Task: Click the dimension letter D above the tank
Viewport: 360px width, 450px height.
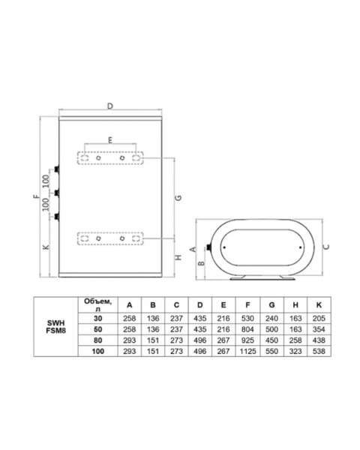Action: [110, 106]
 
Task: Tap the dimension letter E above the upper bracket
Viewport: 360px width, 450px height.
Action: [110, 140]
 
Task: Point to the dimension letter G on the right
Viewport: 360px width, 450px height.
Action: [178, 198]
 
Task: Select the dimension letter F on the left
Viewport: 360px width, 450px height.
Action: [36, 196]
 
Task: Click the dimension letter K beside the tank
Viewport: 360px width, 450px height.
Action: [46, 247]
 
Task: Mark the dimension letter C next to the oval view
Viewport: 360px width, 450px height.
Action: [326, 247]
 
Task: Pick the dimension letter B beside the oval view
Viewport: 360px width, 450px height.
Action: [202, 262]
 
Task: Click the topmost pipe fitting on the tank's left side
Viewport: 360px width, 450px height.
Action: [58, 169]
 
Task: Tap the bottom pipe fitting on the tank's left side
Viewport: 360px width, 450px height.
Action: [58, 217]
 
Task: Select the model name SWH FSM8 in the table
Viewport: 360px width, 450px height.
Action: [56, 327]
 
